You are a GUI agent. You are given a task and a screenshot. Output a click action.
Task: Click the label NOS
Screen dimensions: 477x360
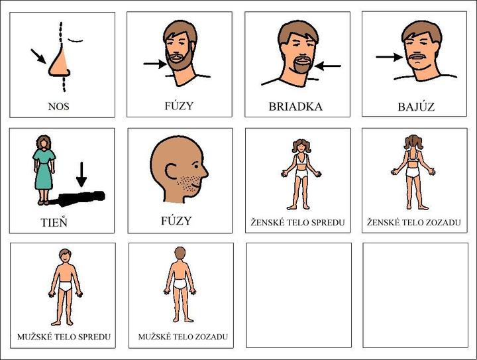tap(59, 106)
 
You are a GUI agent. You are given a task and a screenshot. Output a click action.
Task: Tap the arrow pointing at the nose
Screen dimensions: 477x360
tap(38, 56)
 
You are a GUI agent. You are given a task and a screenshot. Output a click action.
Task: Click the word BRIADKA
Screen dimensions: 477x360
tap(295, 107)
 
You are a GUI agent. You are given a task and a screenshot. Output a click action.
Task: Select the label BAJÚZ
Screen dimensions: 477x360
tap(416, 107)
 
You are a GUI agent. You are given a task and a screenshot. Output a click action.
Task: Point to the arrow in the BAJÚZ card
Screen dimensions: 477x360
tap(390, 57)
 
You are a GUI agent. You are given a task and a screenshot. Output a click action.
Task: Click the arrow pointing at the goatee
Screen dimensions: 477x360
tap(328, 66)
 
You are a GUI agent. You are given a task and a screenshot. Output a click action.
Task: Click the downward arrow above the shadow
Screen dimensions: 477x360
tap(81, 174)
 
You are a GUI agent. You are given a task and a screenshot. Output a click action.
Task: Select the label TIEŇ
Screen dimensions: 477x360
tap(54, 222)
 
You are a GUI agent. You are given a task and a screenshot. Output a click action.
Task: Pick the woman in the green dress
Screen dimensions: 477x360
tap(44, 170)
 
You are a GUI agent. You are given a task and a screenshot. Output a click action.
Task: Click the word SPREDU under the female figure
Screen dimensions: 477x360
tap(328, 223)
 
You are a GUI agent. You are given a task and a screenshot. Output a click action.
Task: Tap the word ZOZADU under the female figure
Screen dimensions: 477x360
tap(443, 223)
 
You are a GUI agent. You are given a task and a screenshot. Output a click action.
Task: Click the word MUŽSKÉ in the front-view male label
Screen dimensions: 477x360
tap(32, 337)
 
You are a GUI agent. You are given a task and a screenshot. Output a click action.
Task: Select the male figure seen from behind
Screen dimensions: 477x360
tap(180, 284)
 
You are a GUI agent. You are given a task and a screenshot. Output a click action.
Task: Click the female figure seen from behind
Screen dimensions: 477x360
tap(413, 172)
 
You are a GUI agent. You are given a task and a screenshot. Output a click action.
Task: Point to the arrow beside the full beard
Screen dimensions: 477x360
tap(155, 64)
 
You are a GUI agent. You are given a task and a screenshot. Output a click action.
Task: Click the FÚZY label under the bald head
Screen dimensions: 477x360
tap(176, 220)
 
